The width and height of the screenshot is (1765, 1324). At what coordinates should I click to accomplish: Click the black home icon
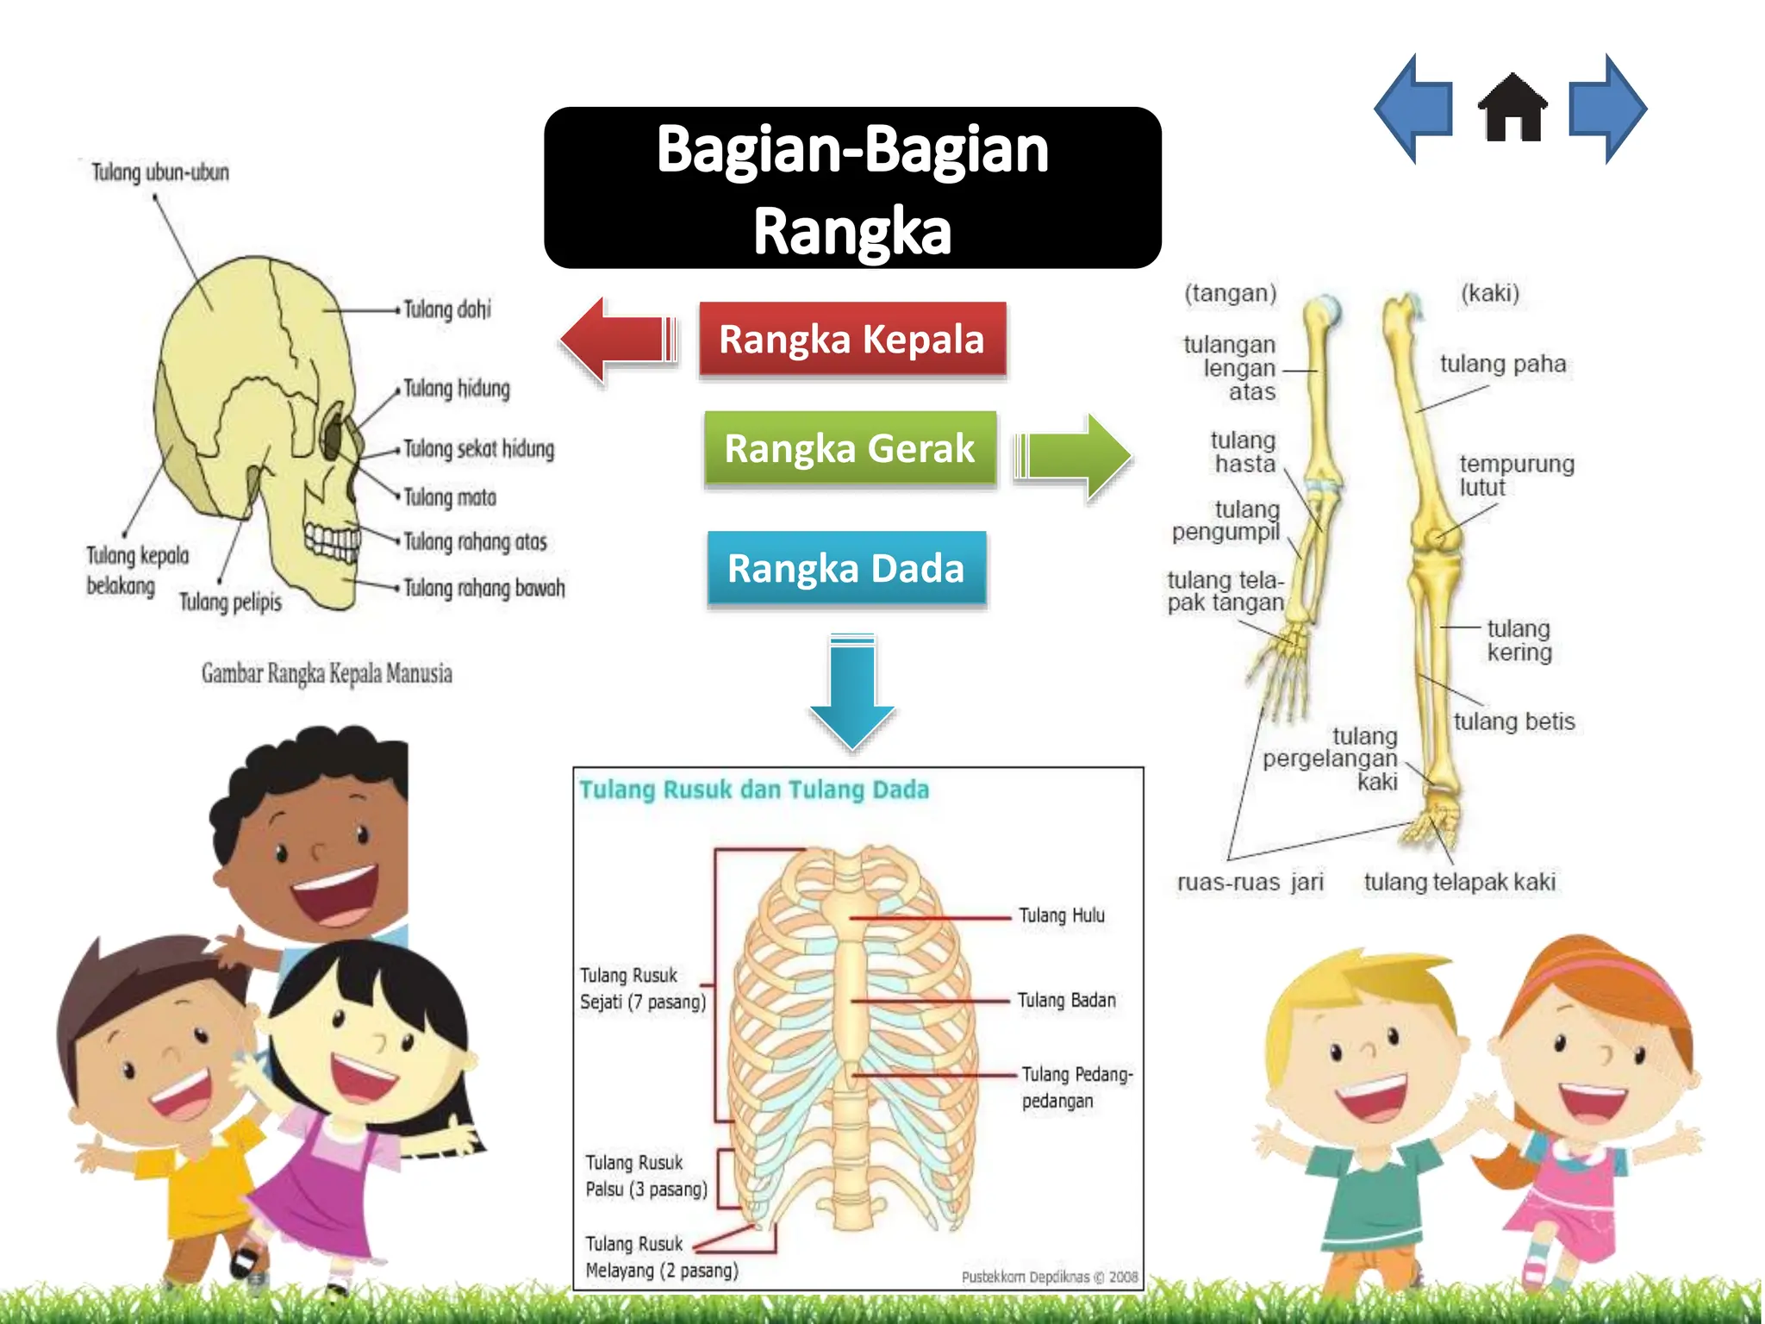tap(1512, 109)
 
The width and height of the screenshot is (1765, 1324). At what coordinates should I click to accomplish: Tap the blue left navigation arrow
tap(1413, 109)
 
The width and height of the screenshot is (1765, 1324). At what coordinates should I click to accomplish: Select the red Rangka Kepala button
tap(851, 339)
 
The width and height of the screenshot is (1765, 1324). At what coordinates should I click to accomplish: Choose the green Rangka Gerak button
tap(850, 448)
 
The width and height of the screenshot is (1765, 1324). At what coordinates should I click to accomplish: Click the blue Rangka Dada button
tap(846, 569)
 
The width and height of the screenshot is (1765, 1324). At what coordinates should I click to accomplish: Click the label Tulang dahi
tap(447, 309)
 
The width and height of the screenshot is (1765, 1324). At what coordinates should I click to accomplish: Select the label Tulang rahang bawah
tap(484, 588)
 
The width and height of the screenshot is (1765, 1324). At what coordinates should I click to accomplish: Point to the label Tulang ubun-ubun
tap(160, 172)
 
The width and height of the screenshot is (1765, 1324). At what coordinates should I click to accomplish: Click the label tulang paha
tap(1503, 364)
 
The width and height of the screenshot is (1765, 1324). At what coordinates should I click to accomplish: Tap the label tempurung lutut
tap(1516, 475)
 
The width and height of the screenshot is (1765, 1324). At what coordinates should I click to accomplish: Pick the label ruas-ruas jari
tap(1250, 882)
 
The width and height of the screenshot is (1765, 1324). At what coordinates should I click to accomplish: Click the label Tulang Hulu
tap(1062, 915)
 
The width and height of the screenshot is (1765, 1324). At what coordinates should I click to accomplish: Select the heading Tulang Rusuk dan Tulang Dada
tap(754, 790)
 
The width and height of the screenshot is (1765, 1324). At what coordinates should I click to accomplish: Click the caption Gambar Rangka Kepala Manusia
tap(327, 673)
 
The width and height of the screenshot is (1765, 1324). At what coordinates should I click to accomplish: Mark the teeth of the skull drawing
tap(333, 540)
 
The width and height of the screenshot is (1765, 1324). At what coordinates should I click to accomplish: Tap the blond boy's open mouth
tap(1372, 1097)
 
